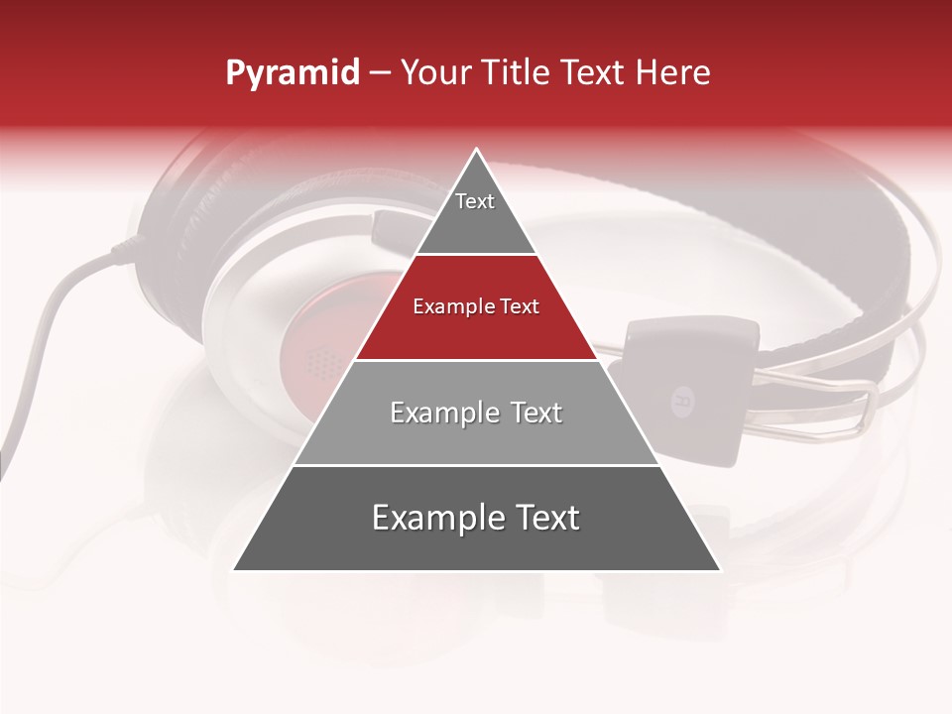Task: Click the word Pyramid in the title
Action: click(292, 73)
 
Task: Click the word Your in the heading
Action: click(436, 73)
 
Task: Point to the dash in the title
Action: click(380, 73)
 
